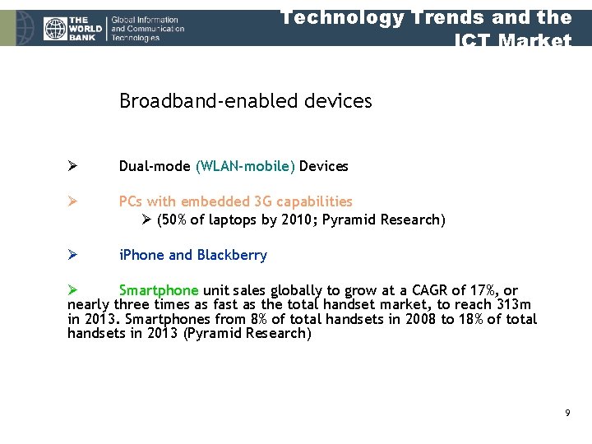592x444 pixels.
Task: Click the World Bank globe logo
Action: [x=56, y=29]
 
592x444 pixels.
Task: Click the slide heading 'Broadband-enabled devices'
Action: [x=245, y=101]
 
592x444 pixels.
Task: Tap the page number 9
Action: [x=567, y=412]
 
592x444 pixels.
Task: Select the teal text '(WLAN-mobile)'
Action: [x=245, y=166]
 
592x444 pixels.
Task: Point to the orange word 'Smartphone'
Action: [x=159, y=290]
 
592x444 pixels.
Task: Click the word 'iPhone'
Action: [x=141, y=255]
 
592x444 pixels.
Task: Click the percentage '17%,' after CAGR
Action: [x=481, y=290]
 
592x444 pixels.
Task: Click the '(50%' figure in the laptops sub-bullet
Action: [x=173, y=220]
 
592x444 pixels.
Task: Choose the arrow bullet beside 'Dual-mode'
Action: [x=72, y=166]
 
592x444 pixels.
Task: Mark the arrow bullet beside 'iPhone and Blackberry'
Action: [x=72, y=255]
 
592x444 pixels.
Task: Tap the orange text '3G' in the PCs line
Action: [x=262, y=201]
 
